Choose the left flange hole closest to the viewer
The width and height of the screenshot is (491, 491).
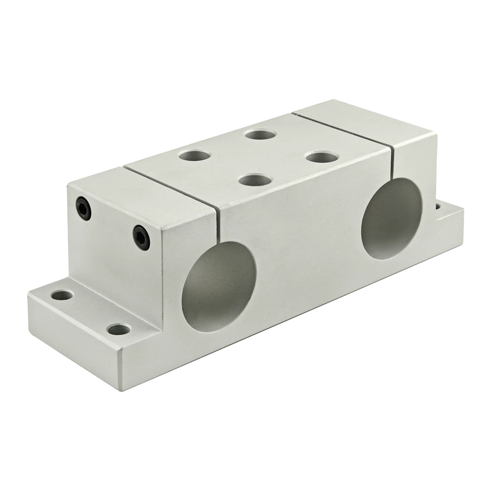(118, 330)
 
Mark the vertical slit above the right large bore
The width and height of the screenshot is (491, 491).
(392, 164)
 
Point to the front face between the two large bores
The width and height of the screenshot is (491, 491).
(304, 250)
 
